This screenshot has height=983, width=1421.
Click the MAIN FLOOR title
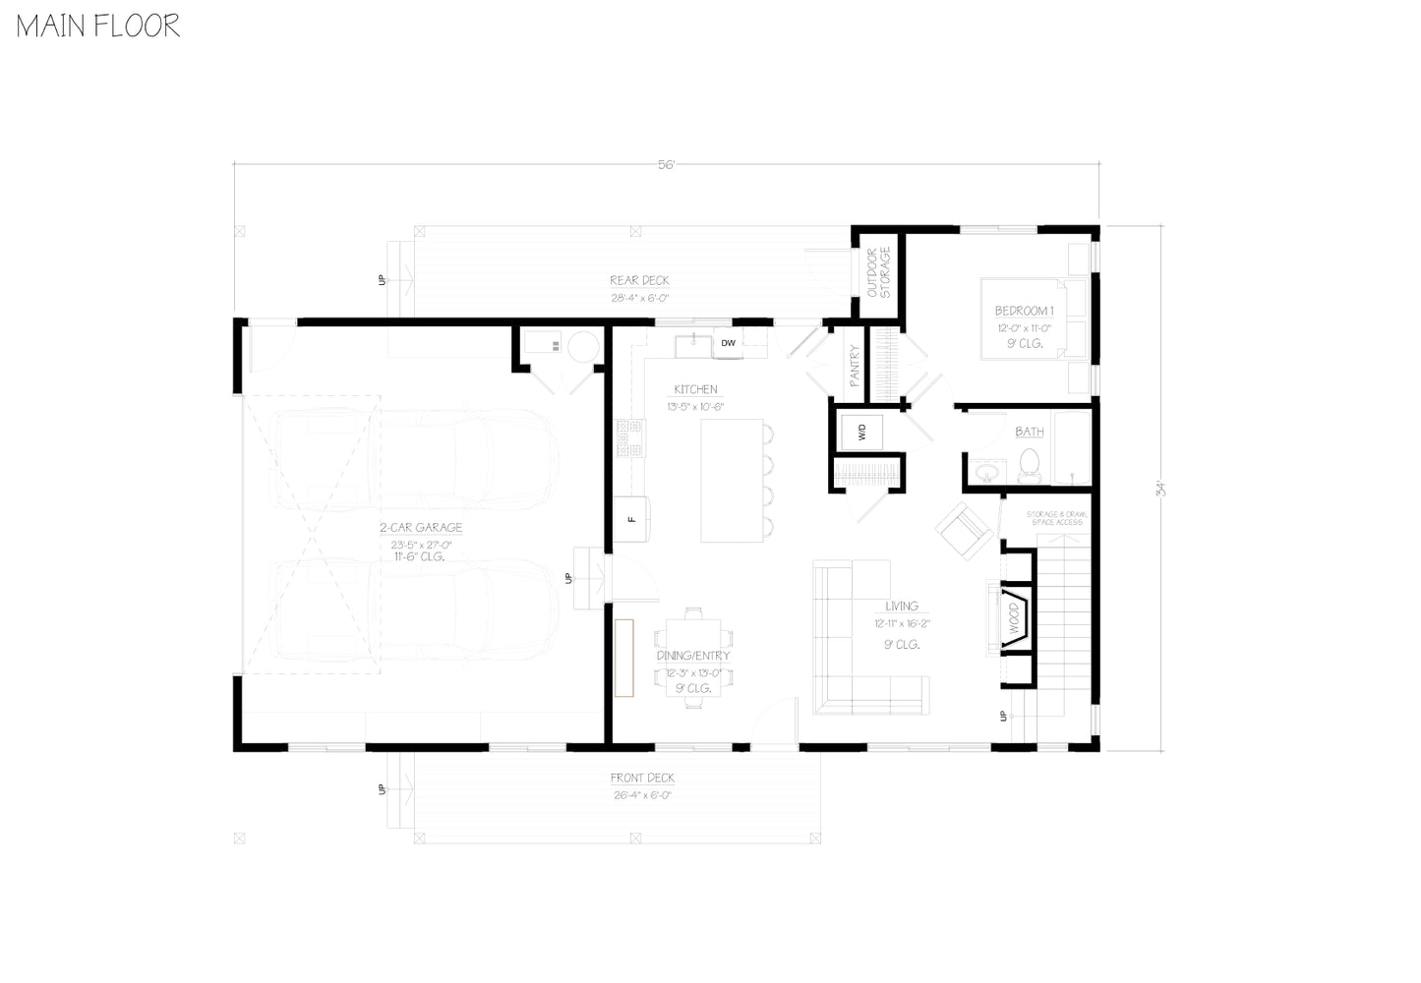[x=98, y=26]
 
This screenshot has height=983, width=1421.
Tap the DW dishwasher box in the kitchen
[x=728, y=343]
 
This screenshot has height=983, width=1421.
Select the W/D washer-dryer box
[x=861, y=432]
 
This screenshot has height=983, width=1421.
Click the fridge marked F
[x=632, y=518]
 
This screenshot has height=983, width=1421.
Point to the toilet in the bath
[x=1030, y=465]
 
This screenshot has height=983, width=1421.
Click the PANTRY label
[x=855, y=364]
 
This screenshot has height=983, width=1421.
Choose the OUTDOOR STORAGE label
[x=878, y=272]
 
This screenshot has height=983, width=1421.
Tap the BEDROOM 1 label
[x=1025, y=312]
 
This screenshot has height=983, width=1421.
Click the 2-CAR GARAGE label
[x=421, y=528]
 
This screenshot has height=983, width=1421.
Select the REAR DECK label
[x=639, y=281]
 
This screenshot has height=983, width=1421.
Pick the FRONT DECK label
[x=642, y=779]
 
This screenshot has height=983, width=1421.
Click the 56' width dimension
[x=667, y=165]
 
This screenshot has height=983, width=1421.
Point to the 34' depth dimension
[x=1160, y=488]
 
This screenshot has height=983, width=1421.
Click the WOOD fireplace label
[x=1014, y=618]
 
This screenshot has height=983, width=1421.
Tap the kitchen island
[x=733, y=481]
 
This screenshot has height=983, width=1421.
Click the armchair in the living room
[x=963, y=531]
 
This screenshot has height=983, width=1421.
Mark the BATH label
[x=1030, y=432]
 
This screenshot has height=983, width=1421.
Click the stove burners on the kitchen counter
[x=629, y=438]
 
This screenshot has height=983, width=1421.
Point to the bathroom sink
[x=986, y=474]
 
